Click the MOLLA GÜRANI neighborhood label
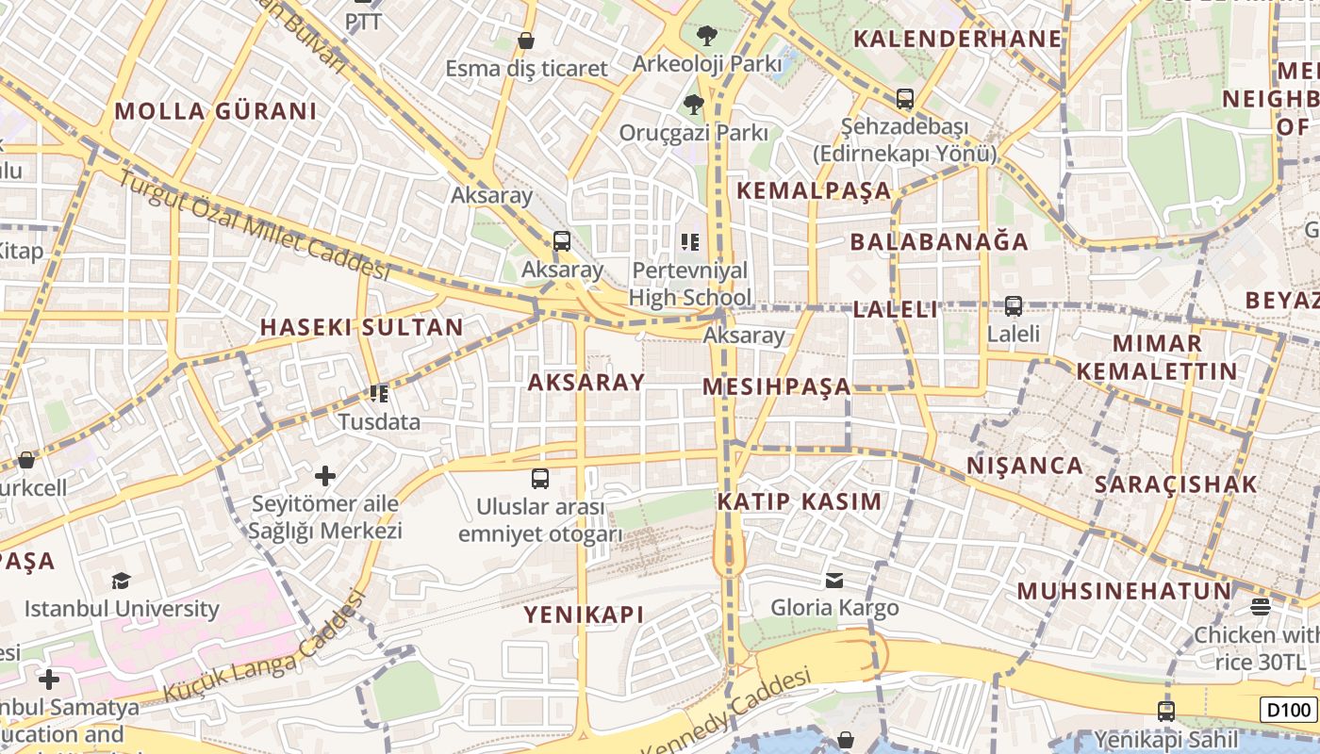(216, 111)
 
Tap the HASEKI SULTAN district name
(361, 328)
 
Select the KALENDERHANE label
(958, 40)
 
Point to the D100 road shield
(1287, 709)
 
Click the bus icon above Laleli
(1014, 306)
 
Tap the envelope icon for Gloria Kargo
(834, 580)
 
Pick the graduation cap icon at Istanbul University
(121, 581)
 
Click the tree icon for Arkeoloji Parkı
(706, 37)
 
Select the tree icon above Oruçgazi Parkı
(694, 104)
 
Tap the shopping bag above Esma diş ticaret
(526, 41)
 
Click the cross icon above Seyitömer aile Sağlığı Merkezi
(325, 476)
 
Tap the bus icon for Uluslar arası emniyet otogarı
(540, 479)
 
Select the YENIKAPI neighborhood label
(584, 615)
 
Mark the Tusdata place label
(379, 421)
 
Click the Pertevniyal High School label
(690, 285)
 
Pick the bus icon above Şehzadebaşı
(905, 99)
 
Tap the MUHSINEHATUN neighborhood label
(1124, 592)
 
